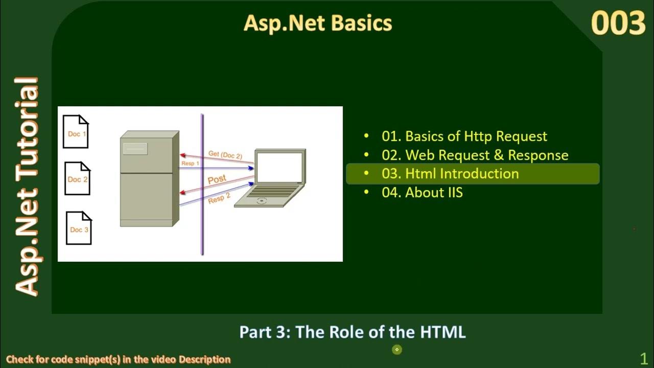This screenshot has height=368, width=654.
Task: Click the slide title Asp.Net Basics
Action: coord(318,23)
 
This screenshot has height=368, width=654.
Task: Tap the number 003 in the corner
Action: coord(618,24)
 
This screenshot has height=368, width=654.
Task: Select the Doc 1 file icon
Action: coord(76,132)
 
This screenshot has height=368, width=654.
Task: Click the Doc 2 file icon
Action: coord(77,178)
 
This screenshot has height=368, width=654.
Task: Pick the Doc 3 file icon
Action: coord(79,228)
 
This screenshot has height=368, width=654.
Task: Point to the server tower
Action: coord(149,179)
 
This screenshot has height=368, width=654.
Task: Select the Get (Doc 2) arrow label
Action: coord(225,154)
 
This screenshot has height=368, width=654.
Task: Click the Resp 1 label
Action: coord(190,164)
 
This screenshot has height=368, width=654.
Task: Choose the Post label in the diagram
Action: coord(217,179)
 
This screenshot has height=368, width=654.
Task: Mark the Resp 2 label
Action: coord(219,198)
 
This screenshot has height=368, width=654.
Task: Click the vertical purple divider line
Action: coord(202,184)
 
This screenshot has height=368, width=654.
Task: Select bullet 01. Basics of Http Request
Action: coord(464,136)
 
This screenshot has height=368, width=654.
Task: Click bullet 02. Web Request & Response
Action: coord(475,155)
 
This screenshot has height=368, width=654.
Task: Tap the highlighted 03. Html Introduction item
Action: coord(450,174)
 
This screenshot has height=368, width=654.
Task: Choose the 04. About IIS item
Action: coord(422,193)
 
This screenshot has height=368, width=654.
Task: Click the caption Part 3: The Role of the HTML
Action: coord(353,332)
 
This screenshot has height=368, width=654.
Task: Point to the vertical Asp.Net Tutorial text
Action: coord(27,187)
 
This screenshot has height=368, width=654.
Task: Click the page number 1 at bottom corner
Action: coord(643,358)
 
